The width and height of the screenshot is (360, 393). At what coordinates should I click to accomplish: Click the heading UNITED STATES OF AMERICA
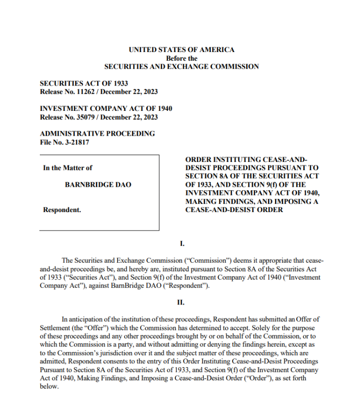[x=181, y=50]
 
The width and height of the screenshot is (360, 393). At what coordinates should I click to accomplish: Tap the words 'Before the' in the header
[x=181, y=58]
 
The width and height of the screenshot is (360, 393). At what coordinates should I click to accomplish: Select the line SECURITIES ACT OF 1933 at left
[x=84, y=84]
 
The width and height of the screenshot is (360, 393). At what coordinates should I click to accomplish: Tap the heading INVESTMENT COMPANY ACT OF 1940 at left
[x=105, y=109]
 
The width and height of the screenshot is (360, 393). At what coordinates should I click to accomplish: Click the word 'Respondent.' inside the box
[x=62, y=211]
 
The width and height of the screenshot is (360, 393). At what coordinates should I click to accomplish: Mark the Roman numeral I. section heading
[x=181, y=243]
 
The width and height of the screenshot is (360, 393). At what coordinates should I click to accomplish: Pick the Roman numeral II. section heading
[x=181, y=303]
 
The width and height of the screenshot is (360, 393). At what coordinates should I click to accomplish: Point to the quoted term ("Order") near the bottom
[x=257, y=378]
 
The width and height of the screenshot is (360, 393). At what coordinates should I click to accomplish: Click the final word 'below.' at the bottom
[x=49, y=386]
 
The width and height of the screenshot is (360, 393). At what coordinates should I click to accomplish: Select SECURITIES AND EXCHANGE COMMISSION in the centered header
[x=181, y=67]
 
